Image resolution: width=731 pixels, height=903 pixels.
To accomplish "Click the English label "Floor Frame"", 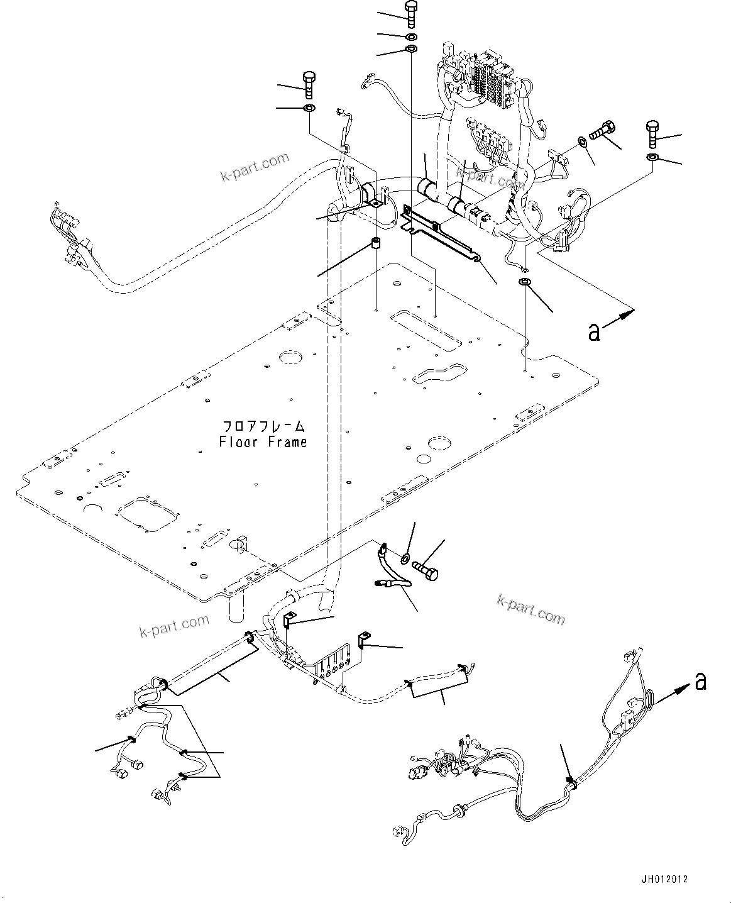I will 263,442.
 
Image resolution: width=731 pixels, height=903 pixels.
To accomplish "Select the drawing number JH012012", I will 664,879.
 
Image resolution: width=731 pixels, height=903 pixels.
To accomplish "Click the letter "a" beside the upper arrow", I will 594,331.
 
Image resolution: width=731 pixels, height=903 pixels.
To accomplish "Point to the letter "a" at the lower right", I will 701,680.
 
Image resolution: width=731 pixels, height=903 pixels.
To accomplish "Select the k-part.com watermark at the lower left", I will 174,626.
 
